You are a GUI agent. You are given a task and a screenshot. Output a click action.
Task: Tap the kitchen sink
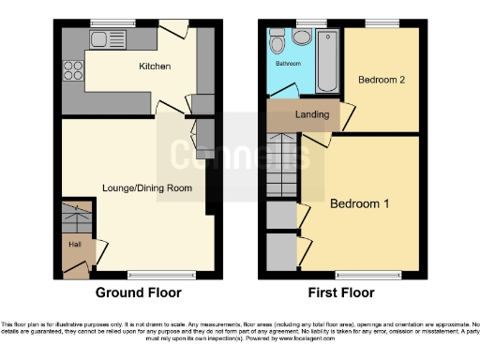101,38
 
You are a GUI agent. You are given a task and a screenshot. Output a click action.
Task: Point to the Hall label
73,244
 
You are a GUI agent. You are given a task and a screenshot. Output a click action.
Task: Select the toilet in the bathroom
277,42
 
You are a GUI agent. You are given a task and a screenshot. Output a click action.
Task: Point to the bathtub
328,60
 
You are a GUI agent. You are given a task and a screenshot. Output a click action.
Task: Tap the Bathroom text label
288,64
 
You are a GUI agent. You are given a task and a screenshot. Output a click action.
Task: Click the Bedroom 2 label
382,80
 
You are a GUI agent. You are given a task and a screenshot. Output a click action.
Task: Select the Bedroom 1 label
359,202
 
